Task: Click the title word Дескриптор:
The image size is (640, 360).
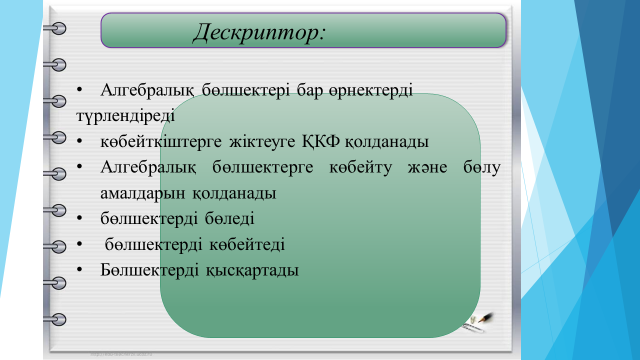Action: tap(259, 32)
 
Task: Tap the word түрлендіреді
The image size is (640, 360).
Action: tap(125, 116)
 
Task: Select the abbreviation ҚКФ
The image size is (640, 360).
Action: tap(321, 142)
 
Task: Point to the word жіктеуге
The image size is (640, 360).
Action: tap(262, 142)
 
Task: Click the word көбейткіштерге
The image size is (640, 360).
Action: tap(161, 142)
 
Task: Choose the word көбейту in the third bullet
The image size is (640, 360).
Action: tap(360, 167)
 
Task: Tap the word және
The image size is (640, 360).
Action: tap(427, 168)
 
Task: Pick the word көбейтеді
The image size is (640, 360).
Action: tap(247, 244)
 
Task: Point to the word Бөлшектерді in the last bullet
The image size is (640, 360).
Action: tap(149, 270)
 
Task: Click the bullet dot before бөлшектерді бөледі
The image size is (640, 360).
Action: tap(80, 219)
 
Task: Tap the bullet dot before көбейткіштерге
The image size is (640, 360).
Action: tap(80, 142)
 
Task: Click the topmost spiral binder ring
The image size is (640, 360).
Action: tap(56, 28)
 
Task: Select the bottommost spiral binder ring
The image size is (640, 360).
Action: tap(56, 319)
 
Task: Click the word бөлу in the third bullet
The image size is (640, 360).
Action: tap(482, 167)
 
